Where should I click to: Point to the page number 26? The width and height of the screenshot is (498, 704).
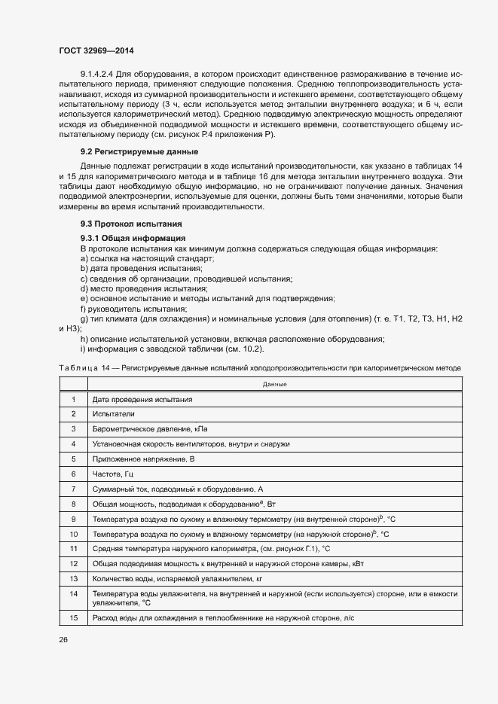click(63, 639)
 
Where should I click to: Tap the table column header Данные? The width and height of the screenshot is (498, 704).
click(274, 384)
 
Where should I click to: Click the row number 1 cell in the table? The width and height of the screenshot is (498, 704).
click(74, 399)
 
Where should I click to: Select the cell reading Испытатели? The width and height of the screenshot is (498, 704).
click(114, 414)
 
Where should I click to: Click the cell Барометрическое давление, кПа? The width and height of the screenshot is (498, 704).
click(148, 429)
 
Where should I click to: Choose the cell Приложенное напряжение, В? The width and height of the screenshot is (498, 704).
click(143, 459)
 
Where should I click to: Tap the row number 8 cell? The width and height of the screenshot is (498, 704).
click(74, 504)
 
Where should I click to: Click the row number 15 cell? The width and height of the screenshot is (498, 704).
click(74, 618)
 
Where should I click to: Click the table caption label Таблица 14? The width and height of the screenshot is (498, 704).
click(84, 367)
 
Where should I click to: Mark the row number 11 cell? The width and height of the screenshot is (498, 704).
click(74, 548)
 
